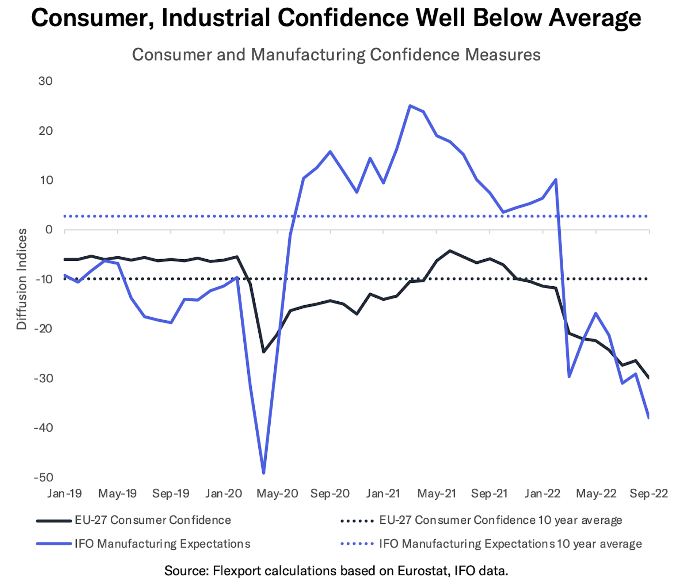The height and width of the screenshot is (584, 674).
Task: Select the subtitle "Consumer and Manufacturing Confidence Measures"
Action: pyautogui.click(x=336, y=55)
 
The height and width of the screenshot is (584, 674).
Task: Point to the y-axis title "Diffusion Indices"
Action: pyautogui.click(x=22, y=279)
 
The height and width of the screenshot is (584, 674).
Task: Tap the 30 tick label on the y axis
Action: pyautogui.click(x=46, y=81)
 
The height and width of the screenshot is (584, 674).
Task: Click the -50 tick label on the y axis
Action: pyautogui.click(x=44, y=477)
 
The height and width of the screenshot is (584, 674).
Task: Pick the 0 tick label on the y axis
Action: pyautogui.click(x=49, y=230)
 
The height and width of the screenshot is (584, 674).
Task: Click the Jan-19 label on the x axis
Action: pyautogui.click(x=65, y=494)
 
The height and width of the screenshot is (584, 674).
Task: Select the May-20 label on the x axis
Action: pyautogui.click(x=277, y=494)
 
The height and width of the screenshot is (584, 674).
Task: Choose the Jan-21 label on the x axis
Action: pyautogui.click(x=383, y=494)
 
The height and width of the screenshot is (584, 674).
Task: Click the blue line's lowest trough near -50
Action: pyautogui.click(x=264, y=473)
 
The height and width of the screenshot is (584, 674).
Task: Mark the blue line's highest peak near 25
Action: pyautogui.click(x=410, y=106)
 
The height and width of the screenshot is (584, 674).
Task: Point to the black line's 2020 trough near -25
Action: pyautogui.click(x=264, y=352)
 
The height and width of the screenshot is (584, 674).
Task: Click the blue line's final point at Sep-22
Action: pyautogui.click(x=649, y=418)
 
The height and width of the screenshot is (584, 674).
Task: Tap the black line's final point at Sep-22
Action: pyautogui.click(x=649, y=378)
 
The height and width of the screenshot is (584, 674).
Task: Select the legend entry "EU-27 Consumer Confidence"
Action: pyautogui.click(x=153, y=520)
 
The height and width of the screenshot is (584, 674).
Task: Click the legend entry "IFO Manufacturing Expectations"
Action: pyautogui.click(x=163, y=544)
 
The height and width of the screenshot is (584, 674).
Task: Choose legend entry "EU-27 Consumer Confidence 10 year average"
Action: pyautogui.click(x=500, y=520)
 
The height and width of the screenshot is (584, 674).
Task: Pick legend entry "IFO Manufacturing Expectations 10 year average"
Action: pyautogui.click(x=510, y=544)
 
